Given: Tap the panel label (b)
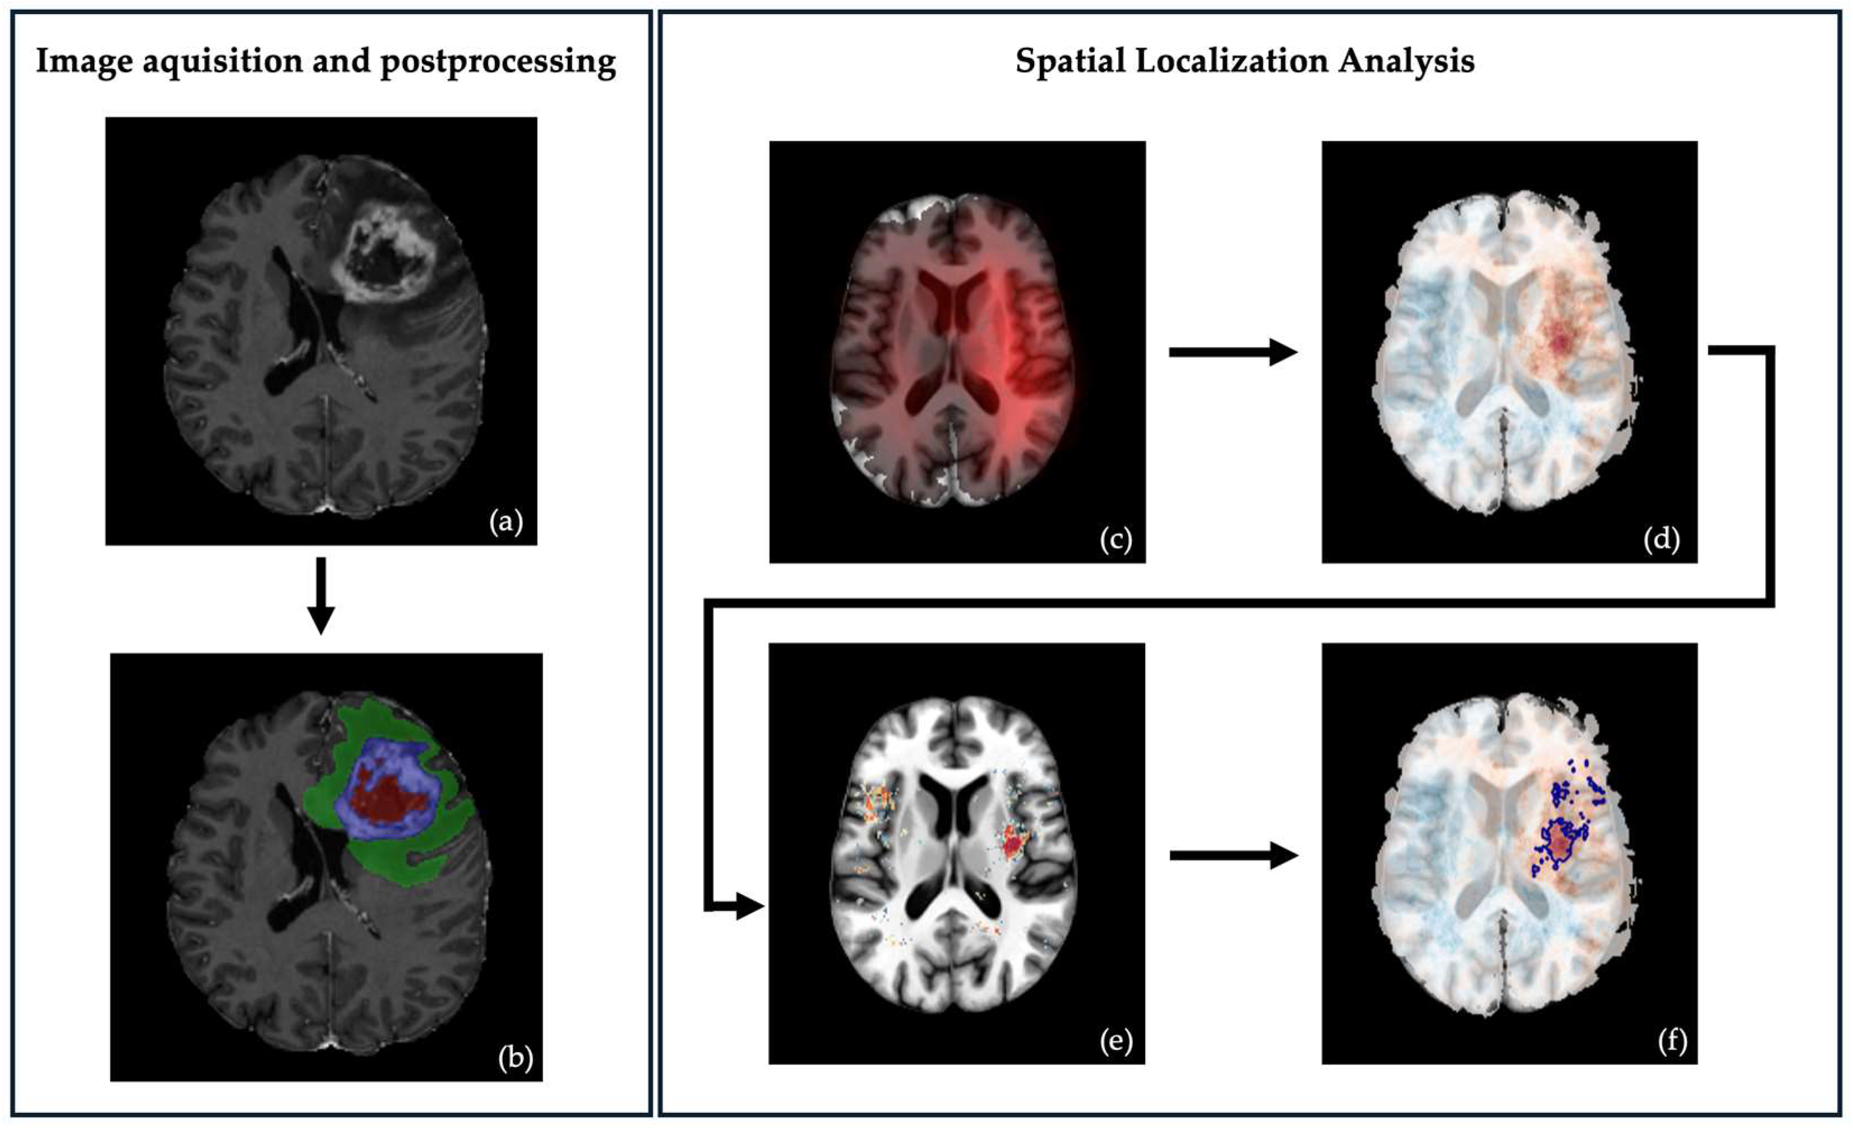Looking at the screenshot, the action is coord(515,1058).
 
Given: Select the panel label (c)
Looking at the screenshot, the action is coord(1115,539).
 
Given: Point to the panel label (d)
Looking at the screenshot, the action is coord(1661,539).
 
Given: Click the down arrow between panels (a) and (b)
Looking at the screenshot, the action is coord(321,595).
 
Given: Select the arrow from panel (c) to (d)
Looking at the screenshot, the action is coord(1233,352).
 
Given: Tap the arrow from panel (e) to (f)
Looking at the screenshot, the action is coord(1233,855).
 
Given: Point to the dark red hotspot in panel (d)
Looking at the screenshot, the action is coord(1560,342).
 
